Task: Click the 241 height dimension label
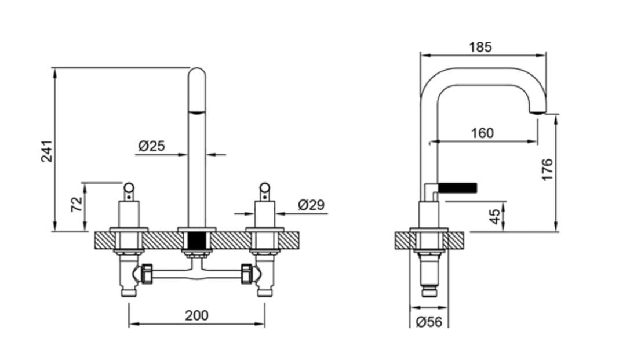click(47, 151)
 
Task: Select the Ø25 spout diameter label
click(152, 146)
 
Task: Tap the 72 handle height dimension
click(77, 204)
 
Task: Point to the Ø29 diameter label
click(311, 205)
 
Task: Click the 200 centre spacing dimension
click(196, 315)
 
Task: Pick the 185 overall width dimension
click(480, 47)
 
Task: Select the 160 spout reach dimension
click(482, 133)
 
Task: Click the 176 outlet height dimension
click(547, 170)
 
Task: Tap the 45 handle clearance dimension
click(494, 216)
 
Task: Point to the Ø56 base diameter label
click(429, 322)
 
